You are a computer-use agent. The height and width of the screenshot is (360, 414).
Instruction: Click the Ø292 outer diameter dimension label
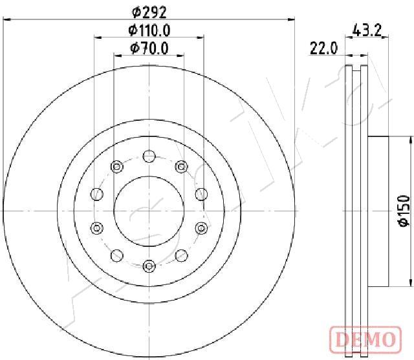click(x=149, y=12)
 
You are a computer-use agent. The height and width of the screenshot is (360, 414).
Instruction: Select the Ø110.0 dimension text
click(x=149, y=30)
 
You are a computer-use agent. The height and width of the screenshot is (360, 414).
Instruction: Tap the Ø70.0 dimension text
click(x=149, y=48)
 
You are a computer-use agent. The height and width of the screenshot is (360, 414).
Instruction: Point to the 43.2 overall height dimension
click(x=367, y=30)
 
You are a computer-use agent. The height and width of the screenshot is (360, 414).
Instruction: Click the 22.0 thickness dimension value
click(x=323, y=48)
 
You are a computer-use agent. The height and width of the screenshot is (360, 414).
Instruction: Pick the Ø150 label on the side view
click(x=404, y=211)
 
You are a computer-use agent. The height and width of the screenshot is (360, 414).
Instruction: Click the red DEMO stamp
click(x=365, y=339)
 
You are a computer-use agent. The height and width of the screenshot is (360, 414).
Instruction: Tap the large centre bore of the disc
click(x=149, y=211)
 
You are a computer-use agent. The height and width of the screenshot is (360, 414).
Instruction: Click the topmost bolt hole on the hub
click(x=149, y=156)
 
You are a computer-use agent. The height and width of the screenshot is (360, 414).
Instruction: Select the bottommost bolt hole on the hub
click(x=149, y=266)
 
